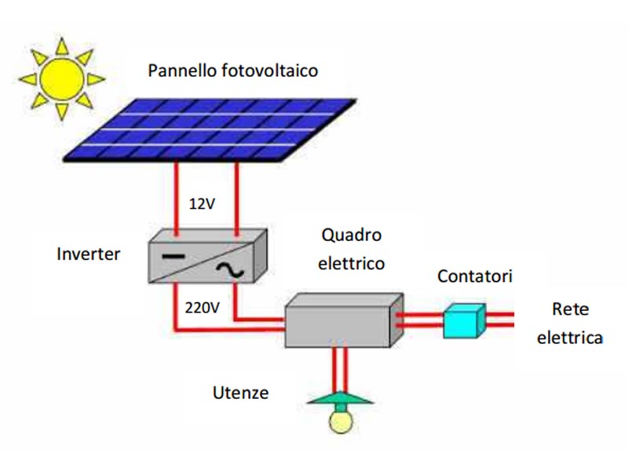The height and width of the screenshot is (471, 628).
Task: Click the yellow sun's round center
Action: tap(62, 79)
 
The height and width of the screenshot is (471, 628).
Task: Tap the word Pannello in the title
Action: tap(183, 71)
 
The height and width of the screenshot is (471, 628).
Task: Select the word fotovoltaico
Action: tap(269, 71)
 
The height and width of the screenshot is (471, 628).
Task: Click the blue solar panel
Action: tap(210, 130)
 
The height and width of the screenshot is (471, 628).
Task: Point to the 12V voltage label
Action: tap(202, 204)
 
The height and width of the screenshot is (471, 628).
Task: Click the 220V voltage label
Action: tap(203, 308)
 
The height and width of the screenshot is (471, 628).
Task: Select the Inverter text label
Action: tap(89, 254)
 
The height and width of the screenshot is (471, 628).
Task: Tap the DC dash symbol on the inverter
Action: tap(173, 257)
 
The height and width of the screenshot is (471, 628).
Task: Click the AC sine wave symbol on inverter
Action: tap(230, 270)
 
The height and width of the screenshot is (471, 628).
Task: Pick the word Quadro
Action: tap(351, 235)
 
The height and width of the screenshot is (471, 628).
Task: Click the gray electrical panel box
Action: tap(344, 320)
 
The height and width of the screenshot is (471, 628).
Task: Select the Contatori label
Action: tap(475, 276)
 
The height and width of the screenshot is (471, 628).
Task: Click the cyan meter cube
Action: tap(464, 321)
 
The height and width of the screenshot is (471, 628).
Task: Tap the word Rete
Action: tap(571, 309)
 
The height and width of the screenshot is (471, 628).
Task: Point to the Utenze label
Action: tap(240, 393)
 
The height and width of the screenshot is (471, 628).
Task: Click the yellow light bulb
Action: tap(341, 422)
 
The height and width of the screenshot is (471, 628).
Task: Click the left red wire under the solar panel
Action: tap(176, 199)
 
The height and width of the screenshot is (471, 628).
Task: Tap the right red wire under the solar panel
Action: tap(237, 199)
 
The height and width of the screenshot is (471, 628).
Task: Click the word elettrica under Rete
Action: tap(570, 338)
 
